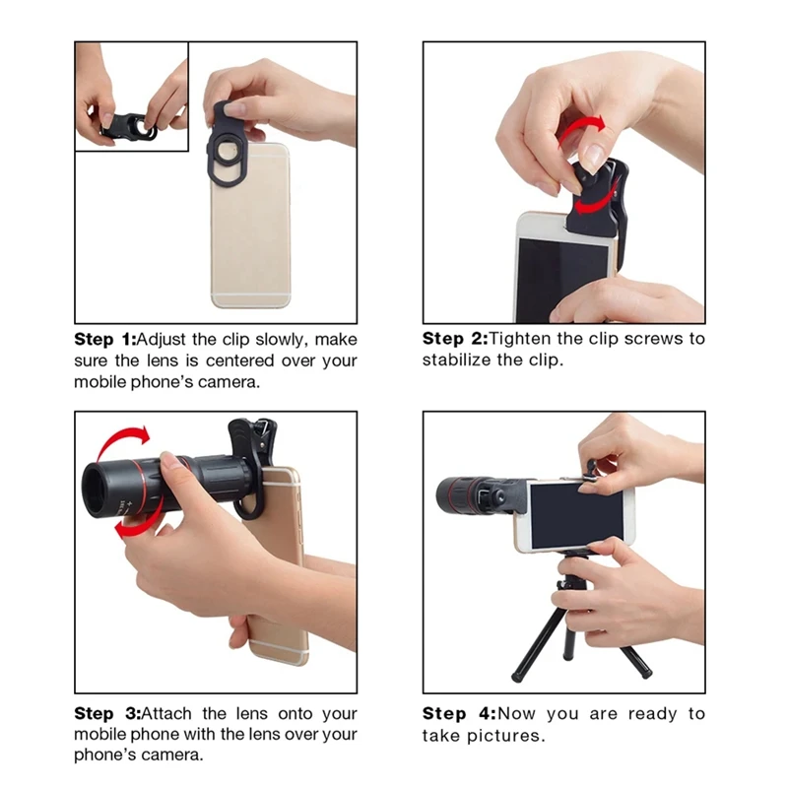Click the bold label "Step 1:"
pyautogui.click(x=106, y=339)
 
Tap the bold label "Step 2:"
pyautogui.click(x=454, y=339)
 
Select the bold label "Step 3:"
pyautogui.click(x=106, y=713)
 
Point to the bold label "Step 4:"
pyautogui.click(x=457, y=713)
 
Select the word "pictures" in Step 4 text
pyautogui.click(x=508, y=736)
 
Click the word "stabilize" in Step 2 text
pyautogui.click(x=463, y=361)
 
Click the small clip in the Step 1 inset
pyautogui.click(x=128, y=125)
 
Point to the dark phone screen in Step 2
pyautogui.click(x=561, y=266)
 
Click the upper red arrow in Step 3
pyautogui.click(x=124, y=439)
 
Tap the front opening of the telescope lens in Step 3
pyautogui.click(x=97, y=489)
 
